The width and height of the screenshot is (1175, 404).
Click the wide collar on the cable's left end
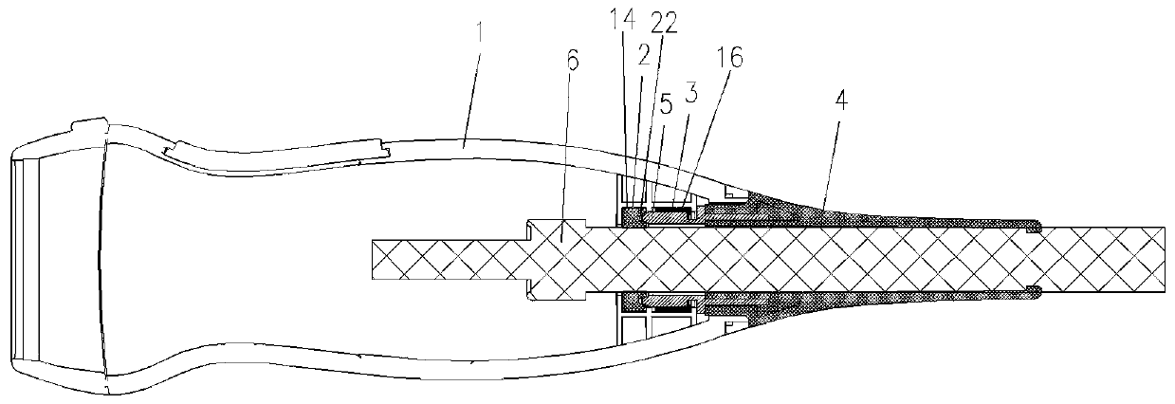click(x=557, y=259)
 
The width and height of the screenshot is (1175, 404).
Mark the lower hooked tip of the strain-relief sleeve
click(x=1037, y=289)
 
